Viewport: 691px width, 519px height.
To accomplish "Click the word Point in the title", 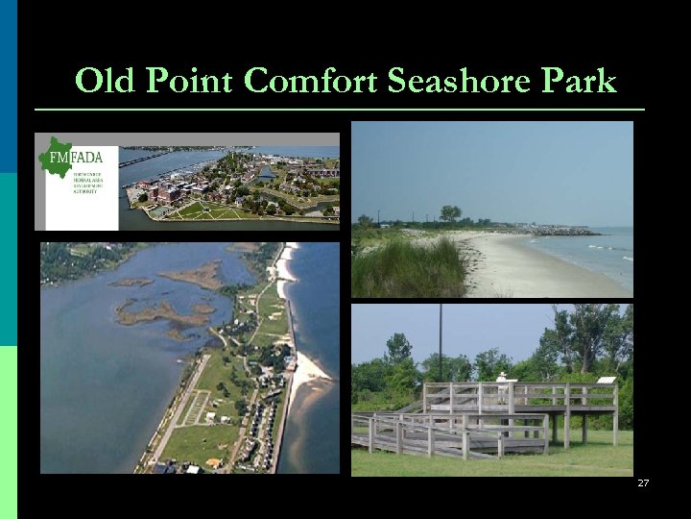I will pos(187,82).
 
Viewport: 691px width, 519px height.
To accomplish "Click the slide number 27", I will pos(643,483).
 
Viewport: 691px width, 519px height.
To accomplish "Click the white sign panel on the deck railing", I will pos(606,382).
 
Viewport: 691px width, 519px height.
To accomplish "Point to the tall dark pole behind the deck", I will pos(440,341).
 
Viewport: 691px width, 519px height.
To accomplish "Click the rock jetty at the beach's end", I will pos(566,231).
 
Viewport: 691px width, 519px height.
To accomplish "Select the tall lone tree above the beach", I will pos(449,213).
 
